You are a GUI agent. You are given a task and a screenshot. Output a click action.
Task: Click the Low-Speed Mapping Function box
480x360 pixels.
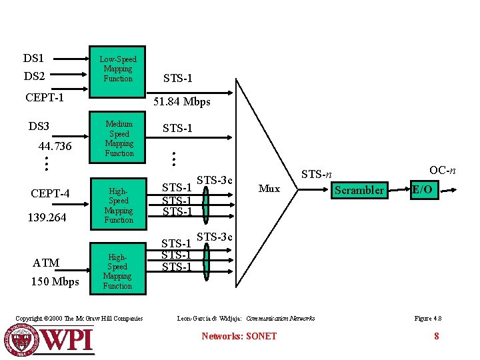(x=118, y=69)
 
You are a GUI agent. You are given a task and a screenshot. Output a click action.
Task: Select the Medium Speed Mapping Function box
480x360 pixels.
(x=119, y=139)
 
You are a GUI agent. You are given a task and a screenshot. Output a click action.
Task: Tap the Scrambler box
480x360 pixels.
(x=359, y=190)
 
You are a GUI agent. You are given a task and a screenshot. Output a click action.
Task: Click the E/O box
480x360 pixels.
(x=422, y=190)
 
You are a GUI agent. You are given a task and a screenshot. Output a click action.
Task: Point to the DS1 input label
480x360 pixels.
(x=33, y=59)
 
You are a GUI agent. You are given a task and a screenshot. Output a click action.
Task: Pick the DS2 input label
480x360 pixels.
(x=33, y=77)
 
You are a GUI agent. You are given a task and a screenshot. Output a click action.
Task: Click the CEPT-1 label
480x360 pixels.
(x=45, y=98)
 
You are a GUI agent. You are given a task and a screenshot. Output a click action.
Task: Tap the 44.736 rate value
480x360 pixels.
(x=55, y=146)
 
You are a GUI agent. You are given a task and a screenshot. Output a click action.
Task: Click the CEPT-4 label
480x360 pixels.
(x=51, y=194)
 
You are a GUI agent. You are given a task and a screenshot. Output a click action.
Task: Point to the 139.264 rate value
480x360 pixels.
(x=47, y=217)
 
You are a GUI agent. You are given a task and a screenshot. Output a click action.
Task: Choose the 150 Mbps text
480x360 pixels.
(x=55, y=281)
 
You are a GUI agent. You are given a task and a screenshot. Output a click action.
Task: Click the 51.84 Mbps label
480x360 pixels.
(x=182, y=102)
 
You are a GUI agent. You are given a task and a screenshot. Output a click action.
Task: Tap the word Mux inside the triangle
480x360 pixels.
(x=269, y=189)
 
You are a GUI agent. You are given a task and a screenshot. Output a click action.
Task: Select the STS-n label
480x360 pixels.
(x=317, y=175)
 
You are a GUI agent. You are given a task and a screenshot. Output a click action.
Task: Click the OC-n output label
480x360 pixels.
(x=443, y=170)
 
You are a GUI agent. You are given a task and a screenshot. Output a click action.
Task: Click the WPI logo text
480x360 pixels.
(x=68, y=340)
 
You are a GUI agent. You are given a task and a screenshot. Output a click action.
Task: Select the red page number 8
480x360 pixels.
(x=437, y=336)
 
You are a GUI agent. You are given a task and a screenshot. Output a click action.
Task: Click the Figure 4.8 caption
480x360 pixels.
(x=427, y=319)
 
